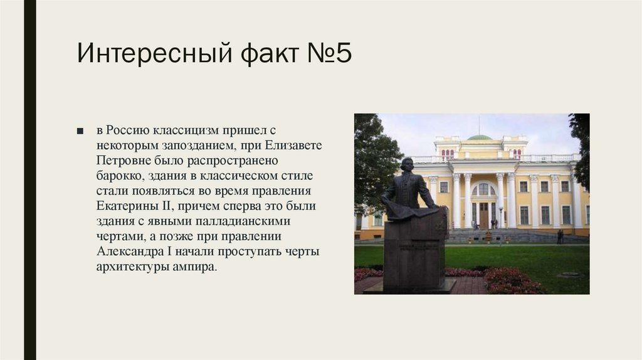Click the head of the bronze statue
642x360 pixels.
pyautogui.click(x=406, y=164)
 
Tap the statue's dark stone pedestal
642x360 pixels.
pyautogui.click(x=414, y=251)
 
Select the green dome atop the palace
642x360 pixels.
pyautogui.click(x=480, y=137)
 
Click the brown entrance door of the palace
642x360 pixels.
pyautogui.click(x=483, y=215)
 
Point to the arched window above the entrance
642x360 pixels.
pyautogui.click(x=483, y=189)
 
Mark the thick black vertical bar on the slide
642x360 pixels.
pyautogui.click(x=29, y=180)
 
